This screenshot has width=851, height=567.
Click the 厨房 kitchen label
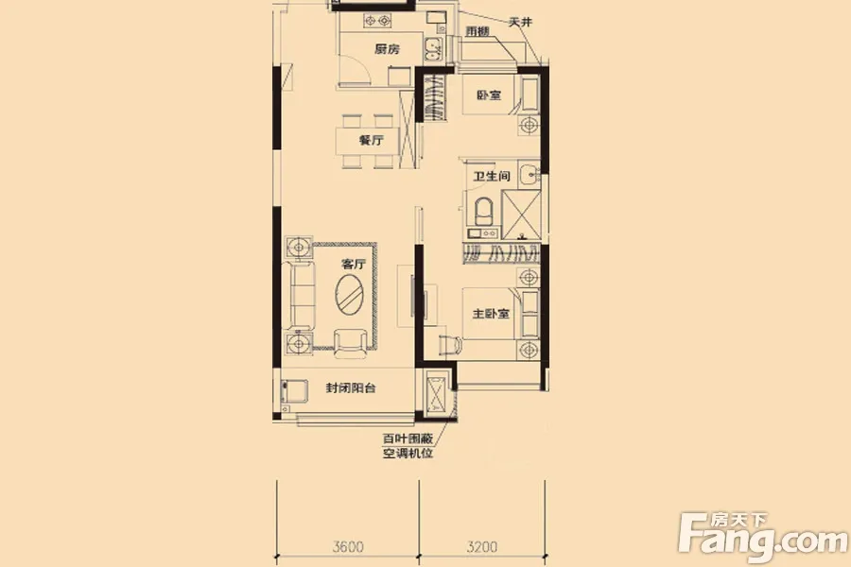(x=387, y=49)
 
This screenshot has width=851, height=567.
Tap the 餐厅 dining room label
(x=372, y=141)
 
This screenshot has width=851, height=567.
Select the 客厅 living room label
(x=354, y=265)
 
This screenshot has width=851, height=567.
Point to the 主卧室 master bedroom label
(x=491, y=314)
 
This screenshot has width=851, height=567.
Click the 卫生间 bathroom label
(x=491, y=177)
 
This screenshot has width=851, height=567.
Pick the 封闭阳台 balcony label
(x=351, y=388)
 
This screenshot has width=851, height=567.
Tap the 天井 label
(x=520, y=23)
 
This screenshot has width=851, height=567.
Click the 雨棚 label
(x=478, y=31)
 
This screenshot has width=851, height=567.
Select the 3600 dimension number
(x=348, y=546)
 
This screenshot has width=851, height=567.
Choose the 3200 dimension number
(x=482, y=546)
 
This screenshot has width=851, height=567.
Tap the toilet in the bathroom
(x=484, y=212)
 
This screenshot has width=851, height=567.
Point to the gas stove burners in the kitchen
(x=377, y=21)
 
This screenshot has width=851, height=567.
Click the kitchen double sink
(x=433, y=48)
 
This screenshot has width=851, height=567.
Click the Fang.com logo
(x=762, y=537)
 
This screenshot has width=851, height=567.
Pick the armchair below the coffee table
(x=350, y=343)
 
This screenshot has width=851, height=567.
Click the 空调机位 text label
(x=408, y=453)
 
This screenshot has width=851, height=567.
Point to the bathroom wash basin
(x=529, y=174)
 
